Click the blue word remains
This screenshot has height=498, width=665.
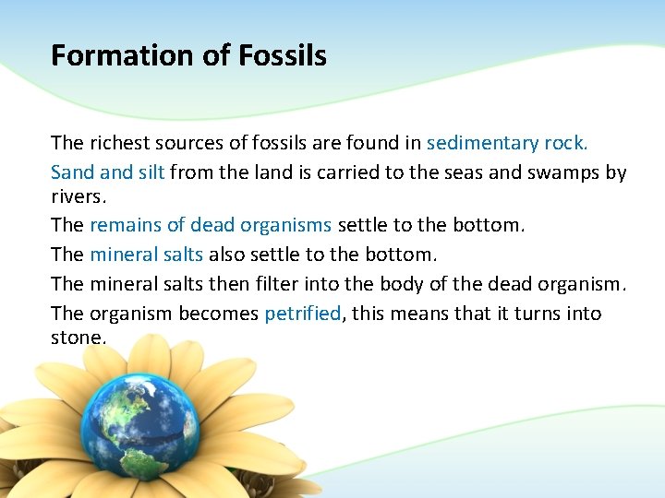[x=125, y=225]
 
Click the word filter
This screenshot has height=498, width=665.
[x=306, y=284]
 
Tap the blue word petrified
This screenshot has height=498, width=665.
[x=303, y=314]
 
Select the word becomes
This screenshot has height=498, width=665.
[x=218, y=314]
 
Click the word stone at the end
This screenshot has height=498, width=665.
[x=77, y=338]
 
